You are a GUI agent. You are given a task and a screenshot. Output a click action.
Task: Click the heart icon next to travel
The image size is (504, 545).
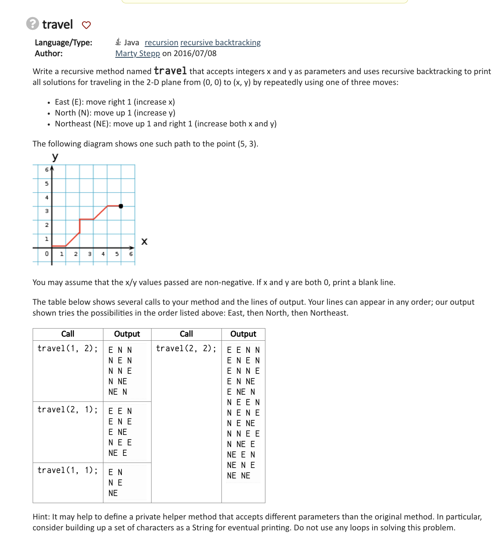point(86,25)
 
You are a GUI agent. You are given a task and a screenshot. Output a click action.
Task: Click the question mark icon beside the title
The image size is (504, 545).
point(33,24)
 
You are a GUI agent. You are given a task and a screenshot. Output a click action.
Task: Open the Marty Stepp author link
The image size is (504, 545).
point(137,54)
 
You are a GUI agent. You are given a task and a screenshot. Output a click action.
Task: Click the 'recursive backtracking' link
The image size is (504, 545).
point(220,43)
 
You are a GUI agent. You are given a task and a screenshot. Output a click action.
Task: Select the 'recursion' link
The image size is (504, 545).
point(161,43)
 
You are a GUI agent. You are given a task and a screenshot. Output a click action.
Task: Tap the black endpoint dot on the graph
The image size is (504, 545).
point(121,206)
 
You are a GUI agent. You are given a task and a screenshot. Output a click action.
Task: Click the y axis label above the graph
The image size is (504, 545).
point(55,157)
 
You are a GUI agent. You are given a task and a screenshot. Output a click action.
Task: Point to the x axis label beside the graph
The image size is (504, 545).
point(144,242)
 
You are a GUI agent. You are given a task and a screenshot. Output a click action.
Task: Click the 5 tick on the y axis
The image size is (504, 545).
point(47,184)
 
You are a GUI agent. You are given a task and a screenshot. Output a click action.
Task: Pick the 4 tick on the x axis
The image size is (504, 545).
point(103,254)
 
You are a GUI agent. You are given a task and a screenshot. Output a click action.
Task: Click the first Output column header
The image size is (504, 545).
point(127,334)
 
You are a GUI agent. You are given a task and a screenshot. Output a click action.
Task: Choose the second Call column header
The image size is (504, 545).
point(186,334)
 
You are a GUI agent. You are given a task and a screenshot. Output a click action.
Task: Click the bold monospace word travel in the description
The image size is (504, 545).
point(170,71)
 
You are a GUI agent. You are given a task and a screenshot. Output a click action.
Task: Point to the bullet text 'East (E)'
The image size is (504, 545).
point(69,102)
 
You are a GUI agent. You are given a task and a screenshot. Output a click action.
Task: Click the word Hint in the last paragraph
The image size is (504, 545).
point(41,517)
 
